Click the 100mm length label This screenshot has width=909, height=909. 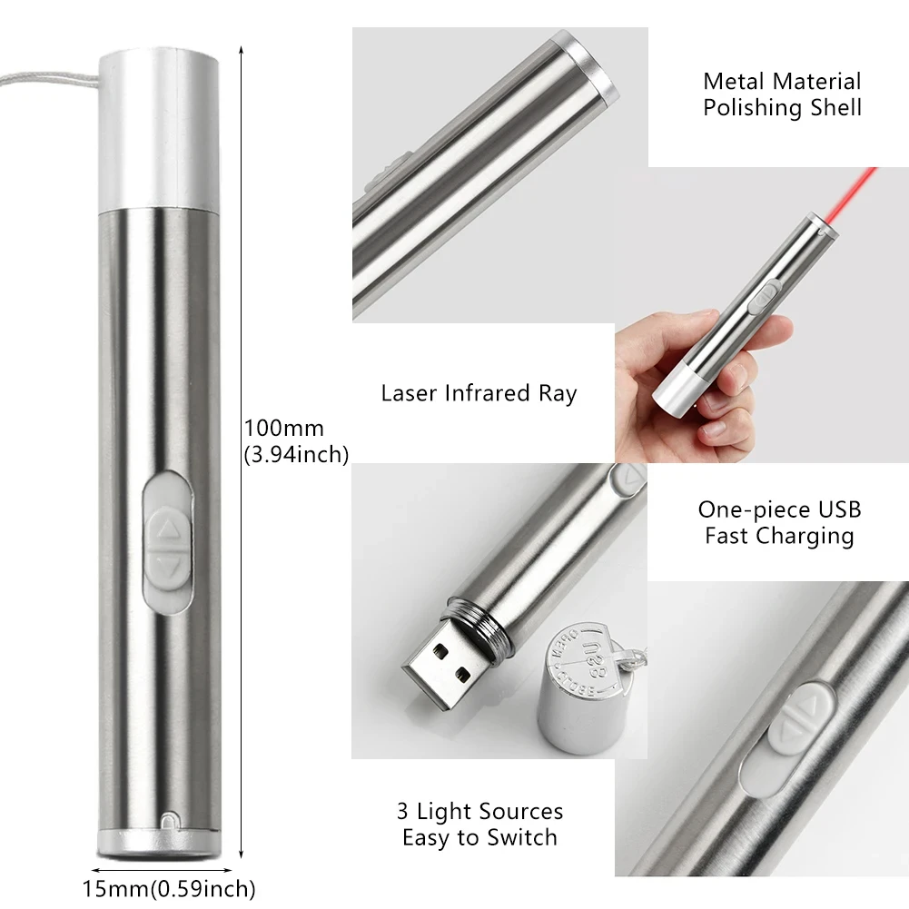(x=283, y=428)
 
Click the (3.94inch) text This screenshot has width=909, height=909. (x=296, y=455)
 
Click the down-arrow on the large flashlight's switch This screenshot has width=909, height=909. (x=168, y=566)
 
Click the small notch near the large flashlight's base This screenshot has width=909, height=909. (x=167, y=823)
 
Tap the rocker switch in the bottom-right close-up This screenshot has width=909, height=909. (x=804, y=716)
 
